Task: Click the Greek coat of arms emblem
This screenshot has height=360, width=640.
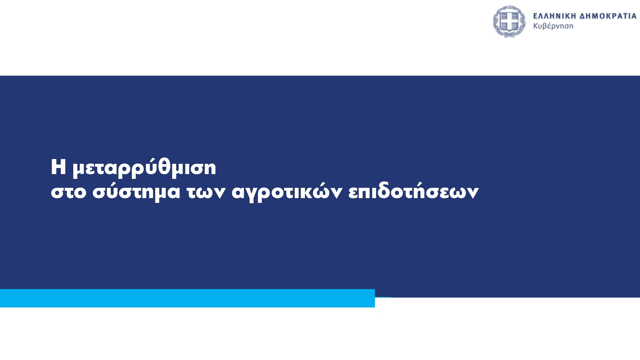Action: (509, 21)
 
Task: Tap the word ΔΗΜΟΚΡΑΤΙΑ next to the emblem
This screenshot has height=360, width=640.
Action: (608, 16)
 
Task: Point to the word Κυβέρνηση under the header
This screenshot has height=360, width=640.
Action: (553, 26)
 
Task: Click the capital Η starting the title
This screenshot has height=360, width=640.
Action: (58, 167)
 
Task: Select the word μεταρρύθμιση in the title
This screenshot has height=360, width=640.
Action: (144, 167)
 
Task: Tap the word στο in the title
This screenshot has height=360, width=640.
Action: (68, 192)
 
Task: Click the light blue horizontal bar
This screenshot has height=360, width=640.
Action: (188, 298)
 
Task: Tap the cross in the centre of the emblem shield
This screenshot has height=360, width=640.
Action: (509, 21)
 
